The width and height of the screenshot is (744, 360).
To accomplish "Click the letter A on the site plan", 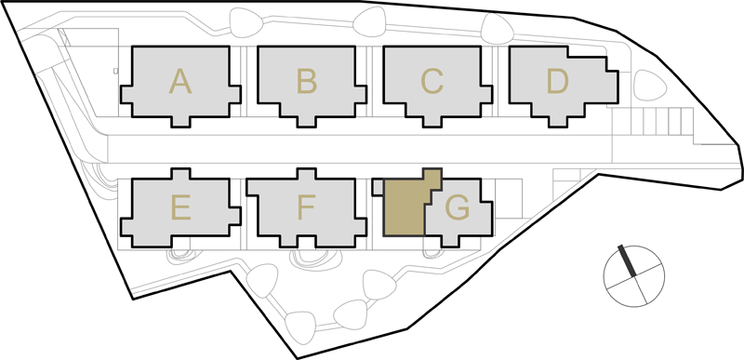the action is click(x=180, y=81).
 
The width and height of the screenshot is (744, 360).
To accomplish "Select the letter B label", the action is click(x=307, y=81).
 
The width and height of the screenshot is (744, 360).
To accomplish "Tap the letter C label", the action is click(x=432, y=81).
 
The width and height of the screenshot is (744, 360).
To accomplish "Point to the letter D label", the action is click(x=557, y=81).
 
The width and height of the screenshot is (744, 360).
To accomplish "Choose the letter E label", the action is click(x=180, y=207).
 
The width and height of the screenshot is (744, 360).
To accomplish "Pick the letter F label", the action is click(x=306, y=207).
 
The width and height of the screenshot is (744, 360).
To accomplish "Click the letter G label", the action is click(x=458, y=207).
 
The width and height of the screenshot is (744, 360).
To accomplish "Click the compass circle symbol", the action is click(x=634, y=276).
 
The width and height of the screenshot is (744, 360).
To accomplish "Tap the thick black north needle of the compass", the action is click(x=627, y=260).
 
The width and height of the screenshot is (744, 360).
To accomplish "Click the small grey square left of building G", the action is click(x=378, y=187).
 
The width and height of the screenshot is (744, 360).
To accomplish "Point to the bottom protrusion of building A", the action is click(x=180, y=122).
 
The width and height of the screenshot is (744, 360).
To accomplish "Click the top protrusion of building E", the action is click(x=180, y=174).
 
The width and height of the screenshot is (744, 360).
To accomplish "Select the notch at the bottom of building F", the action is click(x=307, y=241).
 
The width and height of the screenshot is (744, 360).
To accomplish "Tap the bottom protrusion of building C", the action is click(x=432, y=122).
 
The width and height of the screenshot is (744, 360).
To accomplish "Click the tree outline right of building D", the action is click(x=650, y=85).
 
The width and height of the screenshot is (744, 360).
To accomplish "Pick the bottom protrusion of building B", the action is click(x=307, y=122).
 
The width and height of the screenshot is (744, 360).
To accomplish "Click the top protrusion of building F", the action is click(x=307, y=174).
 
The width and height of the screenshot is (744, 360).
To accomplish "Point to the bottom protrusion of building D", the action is click(x=557, y=122).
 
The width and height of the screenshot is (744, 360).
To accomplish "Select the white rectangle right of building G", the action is click(x=508, y=198).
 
